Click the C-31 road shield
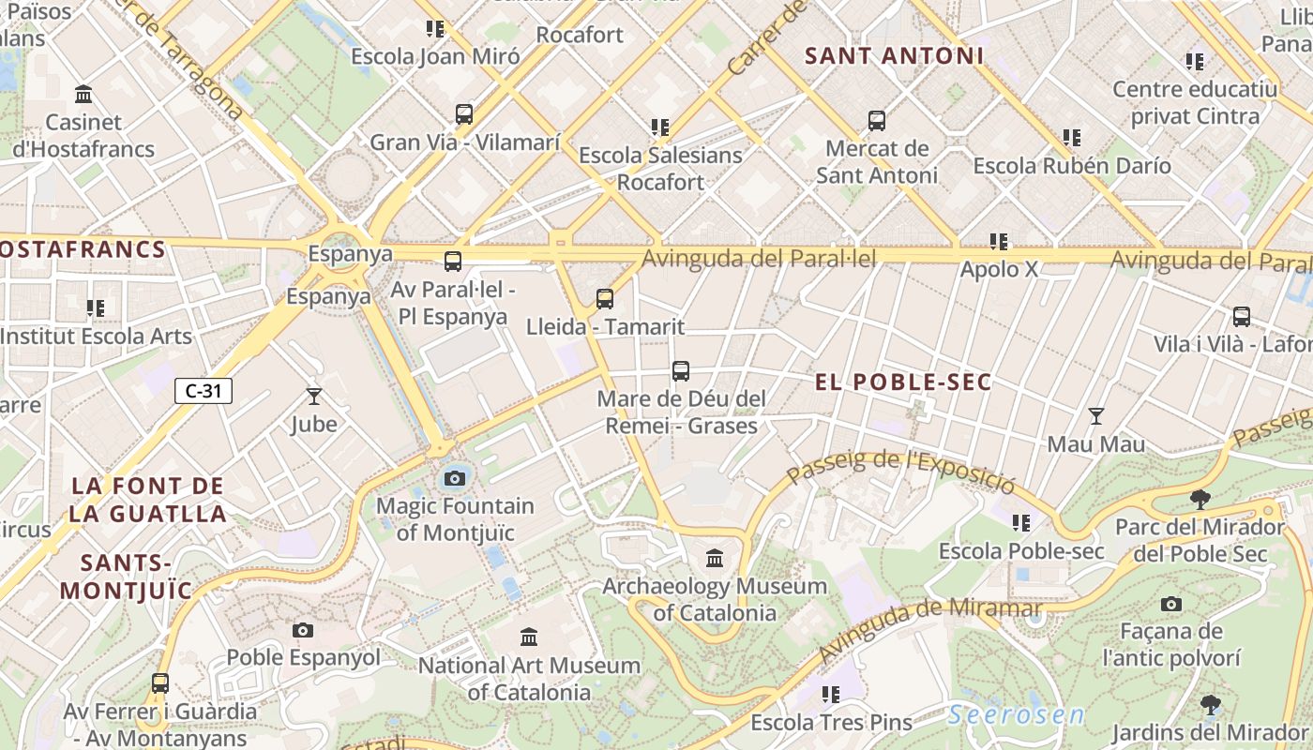click(203, 391)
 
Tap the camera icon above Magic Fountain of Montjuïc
click(455, 478)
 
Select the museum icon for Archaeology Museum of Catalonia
click(715, 559)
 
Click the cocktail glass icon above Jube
click(313, 397)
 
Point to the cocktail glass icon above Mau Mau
click(1095, 415)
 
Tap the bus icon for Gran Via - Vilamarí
click(464, 114)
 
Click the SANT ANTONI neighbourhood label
click(895, 56)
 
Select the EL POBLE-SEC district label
click(903, 382)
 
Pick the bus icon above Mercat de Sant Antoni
click(876, 120)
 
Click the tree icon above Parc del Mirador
click(1200, 499)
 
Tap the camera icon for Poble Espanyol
click(302, 630)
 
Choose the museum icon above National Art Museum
click(529, 637)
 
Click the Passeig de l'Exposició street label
click(900, 472)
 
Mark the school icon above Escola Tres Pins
click(831, 695)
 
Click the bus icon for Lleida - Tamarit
click(605, 299)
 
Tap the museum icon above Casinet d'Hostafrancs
click(83, 94)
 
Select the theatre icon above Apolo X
click(999, 242)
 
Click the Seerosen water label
click(1016, 715)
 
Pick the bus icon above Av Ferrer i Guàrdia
click(160, 682)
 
